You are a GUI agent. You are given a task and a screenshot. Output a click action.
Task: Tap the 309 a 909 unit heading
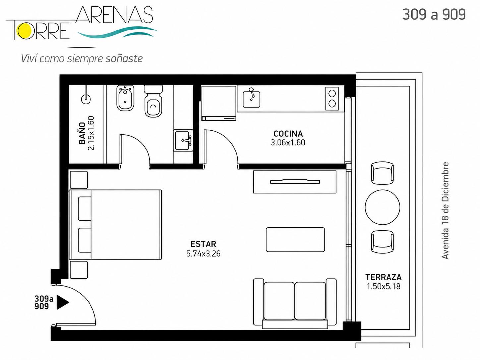[434, 15]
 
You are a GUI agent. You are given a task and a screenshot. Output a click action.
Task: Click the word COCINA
[288, 134]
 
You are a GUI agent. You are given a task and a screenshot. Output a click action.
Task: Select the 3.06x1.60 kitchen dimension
[288, 143]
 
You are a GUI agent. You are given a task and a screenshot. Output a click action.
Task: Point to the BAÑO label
[82, 133]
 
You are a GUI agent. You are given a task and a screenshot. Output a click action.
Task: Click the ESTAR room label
[204, 244]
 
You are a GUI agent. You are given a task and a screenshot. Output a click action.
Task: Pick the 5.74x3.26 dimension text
[204, 254]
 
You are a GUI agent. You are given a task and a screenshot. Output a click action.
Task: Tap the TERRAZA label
[384, 277]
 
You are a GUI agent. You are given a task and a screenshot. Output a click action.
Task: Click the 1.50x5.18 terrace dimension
[384, 286]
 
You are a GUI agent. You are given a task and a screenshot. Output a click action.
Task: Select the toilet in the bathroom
[153, 101]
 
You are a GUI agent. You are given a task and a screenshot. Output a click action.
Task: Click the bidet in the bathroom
[125, 98]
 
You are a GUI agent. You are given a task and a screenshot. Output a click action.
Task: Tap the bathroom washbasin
[183, 140]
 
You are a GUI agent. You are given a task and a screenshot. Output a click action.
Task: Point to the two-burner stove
[332, 98]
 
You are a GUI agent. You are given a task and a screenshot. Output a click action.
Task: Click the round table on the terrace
[383, 207]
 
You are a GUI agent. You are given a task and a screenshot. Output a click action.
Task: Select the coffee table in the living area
[295, 240]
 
